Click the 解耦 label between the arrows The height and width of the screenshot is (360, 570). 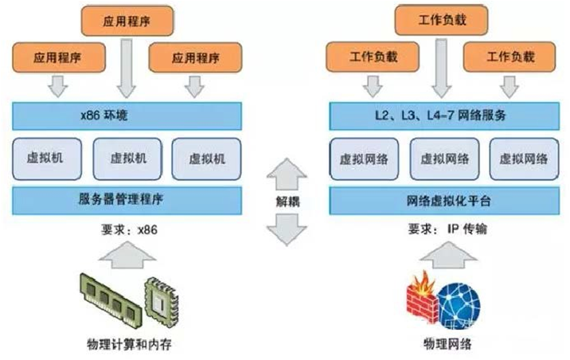click(287, 202)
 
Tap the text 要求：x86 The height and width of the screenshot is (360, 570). click(126, 229)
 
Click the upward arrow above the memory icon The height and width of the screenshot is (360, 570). click(127, 256)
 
